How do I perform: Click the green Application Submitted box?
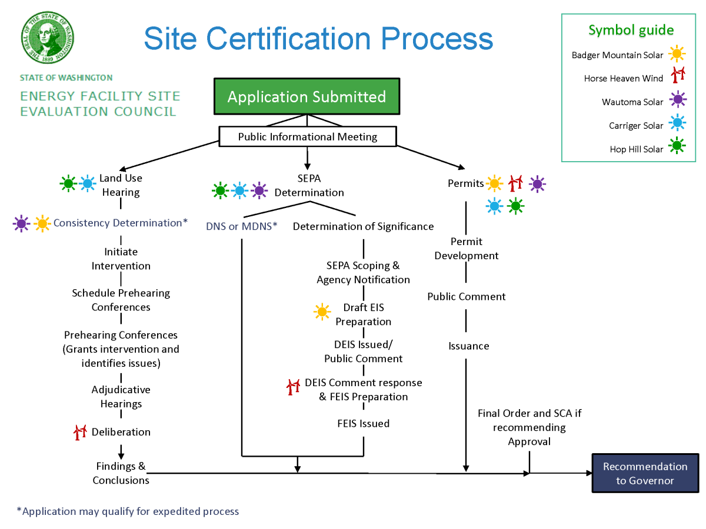coord(307,96)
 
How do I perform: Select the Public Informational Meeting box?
coord(308,137)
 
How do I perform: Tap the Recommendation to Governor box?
coord(645,473)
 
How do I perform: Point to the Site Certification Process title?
coord(318,38)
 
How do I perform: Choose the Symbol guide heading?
coord(631,31)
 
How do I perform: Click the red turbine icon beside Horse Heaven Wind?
coord(678,75)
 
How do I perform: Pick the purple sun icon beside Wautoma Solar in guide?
coord(678,100)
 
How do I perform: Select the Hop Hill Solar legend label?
coord(636,149)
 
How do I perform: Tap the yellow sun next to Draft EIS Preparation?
coord(322,312)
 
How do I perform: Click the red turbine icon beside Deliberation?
coord(80,432)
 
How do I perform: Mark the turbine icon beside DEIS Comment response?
coord(293,387)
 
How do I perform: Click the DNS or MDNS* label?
coord(241,226)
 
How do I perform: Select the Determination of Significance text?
coord(363,226)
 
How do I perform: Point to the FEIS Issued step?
coord(363,423)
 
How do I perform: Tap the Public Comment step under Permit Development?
coord(466,297)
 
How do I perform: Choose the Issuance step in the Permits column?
coord(468,346)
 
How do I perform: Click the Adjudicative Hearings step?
coord(121,397)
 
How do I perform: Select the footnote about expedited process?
coord(128,511)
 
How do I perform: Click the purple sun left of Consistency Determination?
coord(22,223)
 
